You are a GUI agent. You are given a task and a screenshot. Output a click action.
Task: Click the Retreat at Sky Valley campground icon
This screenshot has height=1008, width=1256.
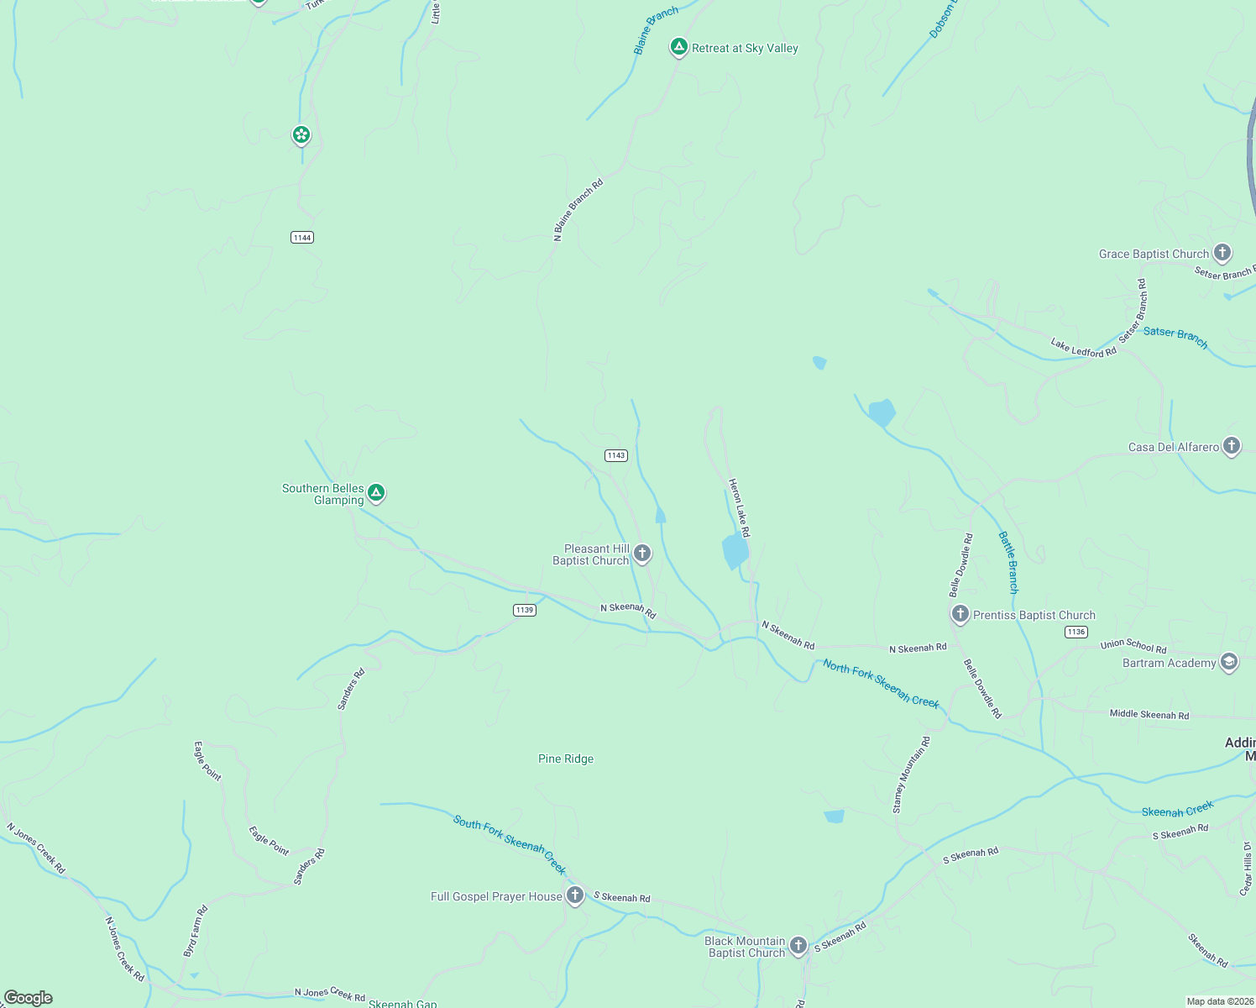pyautogui.click(x=678, y=47)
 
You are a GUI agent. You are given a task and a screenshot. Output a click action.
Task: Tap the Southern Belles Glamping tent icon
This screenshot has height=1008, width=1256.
pyautogui.click(x=376, y=493)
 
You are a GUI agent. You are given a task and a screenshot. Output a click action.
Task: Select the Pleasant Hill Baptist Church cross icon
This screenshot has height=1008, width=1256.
pyautogui.click(x=642, y=553)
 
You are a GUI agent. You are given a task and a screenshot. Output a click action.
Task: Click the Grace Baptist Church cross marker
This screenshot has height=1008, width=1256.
pyautogui.click(x=1222, y=252)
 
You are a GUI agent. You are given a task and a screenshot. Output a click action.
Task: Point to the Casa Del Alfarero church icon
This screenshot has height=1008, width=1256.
pyautogui.click(x=1231, y=446)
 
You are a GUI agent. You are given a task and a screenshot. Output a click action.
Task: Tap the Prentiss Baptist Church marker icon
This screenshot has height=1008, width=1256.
pyautogui.click(x=960, y=614)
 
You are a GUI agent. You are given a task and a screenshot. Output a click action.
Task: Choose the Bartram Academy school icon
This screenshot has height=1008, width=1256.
pyautogui.click(x=1229, y=662)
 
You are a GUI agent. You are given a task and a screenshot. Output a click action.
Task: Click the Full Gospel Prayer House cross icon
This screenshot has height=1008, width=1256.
pyautogui.click(x=575, y=895)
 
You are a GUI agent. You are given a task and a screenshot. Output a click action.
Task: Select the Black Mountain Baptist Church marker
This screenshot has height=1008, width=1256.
pyautogui.click(x=798, y=946)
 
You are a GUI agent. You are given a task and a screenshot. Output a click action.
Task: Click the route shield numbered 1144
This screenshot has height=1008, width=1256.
pyautogui.click(x=302, y=238)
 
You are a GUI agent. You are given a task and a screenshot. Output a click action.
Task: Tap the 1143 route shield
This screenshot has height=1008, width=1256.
pyautogui.click(x=616, y=455)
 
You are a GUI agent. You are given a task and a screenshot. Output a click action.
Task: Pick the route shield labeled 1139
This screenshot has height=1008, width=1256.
pyautogui.click(x=525, y=610)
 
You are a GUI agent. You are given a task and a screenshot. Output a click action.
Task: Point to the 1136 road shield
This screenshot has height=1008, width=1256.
pyautogui.click(x=1075, y=632)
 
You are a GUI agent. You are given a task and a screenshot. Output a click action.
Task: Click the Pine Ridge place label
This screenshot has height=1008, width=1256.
pyautogui.click(x=566, y=759)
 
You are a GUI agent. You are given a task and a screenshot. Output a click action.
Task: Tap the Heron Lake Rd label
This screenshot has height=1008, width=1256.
pyautogui.click(x=739, y=507)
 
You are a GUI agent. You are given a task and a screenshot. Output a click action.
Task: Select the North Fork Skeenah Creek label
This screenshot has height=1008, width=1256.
pyautogui.click(x=881, y=684)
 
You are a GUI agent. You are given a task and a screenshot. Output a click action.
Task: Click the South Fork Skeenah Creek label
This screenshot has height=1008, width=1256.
pyautogui.click(x=510, y=843)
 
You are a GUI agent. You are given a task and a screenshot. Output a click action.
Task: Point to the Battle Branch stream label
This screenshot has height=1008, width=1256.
pyautogui.click(x=1007, y=562)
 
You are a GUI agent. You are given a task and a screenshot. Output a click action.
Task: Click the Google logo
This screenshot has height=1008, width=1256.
pyautogui.click(x=29, y=998)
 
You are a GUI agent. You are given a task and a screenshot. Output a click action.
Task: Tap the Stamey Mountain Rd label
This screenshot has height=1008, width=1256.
pyautogui.click(x=911, y=774)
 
